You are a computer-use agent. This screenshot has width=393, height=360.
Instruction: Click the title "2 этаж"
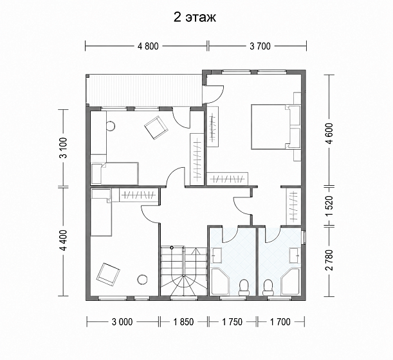pyautogui.click(x=195, y=17)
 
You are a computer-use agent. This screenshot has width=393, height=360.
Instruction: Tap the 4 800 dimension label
pyautogui.click(x=148, y=46)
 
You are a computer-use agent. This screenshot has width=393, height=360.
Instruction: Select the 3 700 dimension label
pyautogui.click(x=260, y=46)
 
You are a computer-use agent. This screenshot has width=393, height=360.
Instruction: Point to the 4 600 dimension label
pyautogui.click(x=330, y=133)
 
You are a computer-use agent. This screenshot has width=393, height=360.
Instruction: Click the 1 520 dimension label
pyautogui.click(x=330, y=206)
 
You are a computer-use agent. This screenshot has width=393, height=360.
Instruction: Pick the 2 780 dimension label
pyautogui.click(x=330, y=260)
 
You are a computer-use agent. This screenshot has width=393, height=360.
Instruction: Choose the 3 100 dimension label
pyautogui.click(x=64, y=148)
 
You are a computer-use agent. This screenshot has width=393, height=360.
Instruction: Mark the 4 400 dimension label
pyautogui.click(x=64, y=240)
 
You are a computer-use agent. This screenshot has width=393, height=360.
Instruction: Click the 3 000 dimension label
pyautogui.click(x=122, y=321)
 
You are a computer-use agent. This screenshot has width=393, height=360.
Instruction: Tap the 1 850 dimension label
pyautogui.click(x=184, y=321)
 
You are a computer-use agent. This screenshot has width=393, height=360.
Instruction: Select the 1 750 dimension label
pyautogui.click(x=232, y=321)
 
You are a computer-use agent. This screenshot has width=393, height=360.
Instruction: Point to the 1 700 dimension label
pyautogui.click(x=280, y=321)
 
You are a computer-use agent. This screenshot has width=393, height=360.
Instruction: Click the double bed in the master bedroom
pyautogui.click(x=276, y=127)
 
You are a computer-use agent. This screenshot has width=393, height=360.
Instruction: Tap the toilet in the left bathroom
pyautogui.click(x=243, y=287)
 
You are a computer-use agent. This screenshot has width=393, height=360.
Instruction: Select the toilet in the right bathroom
pyautogui.click(x=268, y=287)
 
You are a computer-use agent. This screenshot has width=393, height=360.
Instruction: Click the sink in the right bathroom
pyautogui.click(x=295, y=255)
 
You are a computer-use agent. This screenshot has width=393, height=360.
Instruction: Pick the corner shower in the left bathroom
pyautogui.click(x=221, y=282)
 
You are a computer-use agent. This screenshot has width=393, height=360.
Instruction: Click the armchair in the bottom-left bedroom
pyautogui.click(x=108, y=274)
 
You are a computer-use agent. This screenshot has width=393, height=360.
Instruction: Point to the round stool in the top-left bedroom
pyautogui.click(x=111, y=125)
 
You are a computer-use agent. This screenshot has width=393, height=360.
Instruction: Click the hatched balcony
pyautogui.click(x=144, y=90)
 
